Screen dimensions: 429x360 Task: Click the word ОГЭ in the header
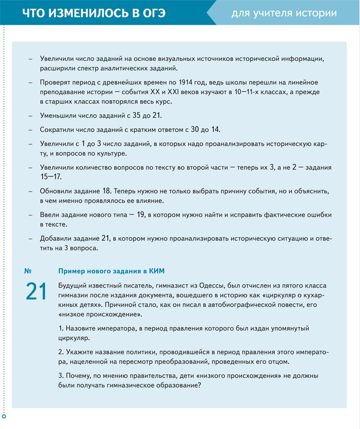(149, 13)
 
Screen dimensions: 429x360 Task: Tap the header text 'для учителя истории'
(284, 13)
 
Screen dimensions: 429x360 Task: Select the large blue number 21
(36, 292)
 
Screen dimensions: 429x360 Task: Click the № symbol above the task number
(28, 271)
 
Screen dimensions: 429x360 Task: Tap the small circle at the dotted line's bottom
(4, 417)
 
